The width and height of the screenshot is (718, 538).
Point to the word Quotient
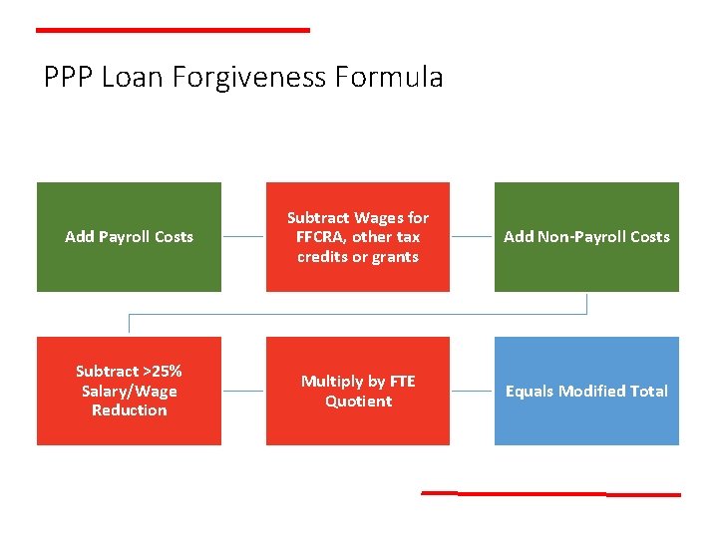point(358,402)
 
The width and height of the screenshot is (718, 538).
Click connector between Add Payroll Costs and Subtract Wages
point(243,237)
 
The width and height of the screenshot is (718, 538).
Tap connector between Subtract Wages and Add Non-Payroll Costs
point(472,237)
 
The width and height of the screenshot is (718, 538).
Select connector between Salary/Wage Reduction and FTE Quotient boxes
point(243,392)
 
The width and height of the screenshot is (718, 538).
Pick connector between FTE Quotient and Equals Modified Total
point(472,392)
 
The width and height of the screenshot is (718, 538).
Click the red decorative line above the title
point(173,30)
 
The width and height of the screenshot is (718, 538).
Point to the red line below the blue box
point(550,493)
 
